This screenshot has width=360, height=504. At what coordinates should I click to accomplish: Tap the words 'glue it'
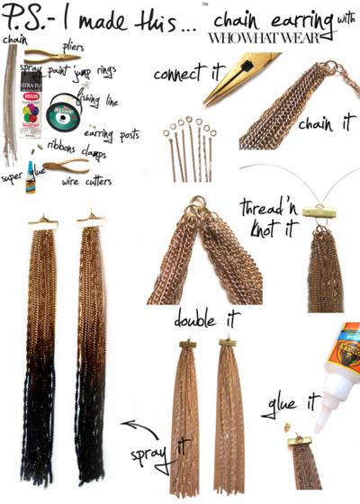click(x=280, y=405)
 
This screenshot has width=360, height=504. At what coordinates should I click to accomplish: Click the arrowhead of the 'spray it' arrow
click(x=125, y=422)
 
